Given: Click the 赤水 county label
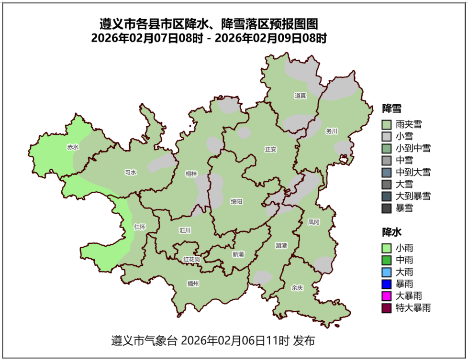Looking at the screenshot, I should [73, 147].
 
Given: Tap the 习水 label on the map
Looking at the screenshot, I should [130, 173].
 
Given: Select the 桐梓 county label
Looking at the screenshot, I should [191, 174].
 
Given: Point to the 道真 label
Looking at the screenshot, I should [300, 96].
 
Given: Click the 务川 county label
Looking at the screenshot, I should [332, 131].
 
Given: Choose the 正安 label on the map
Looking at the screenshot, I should [270, 149].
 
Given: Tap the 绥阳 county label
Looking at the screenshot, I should [236, 201].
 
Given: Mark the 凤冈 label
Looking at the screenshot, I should [313, 222].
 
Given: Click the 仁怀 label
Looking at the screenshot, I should [140, 227].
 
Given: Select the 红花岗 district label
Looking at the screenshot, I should [191, 259].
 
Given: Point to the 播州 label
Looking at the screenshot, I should [193, 284].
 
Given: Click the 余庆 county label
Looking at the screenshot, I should [297, 288].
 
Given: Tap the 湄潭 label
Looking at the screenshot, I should [281, 245].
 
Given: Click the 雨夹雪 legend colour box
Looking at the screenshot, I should [387, 125].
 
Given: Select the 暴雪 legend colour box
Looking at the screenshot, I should [387, 208].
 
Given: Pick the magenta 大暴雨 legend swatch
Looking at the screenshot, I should [387, 296].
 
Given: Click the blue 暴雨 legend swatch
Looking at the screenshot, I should [387, 284].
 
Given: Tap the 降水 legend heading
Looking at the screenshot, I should [391, 232].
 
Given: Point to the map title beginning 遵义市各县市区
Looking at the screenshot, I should [209, 23].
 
